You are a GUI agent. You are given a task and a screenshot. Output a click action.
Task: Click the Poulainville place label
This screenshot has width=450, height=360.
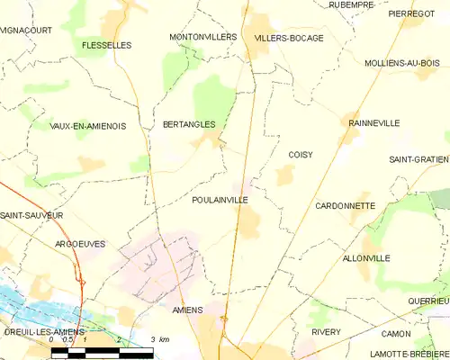pyautogui.click(x=220, y=201)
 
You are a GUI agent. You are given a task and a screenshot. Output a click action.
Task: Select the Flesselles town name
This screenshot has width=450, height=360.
pyautogui.click(x=106, y=44)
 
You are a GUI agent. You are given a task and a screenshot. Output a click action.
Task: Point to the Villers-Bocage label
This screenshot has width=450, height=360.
pyautogui.click(x=288, y=39)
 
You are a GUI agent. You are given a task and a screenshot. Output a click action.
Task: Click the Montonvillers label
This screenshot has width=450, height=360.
pyautogui.click(x=202, y=37)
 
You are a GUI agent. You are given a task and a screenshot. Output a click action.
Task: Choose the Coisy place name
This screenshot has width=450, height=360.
pyautogui.click(x=301, y=155)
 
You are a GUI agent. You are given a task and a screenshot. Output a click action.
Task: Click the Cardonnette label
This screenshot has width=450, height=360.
pyautogui.click(x=346, y=206)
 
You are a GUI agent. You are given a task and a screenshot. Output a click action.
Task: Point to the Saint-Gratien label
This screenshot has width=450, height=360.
pyautogui.click(x=418, y=159)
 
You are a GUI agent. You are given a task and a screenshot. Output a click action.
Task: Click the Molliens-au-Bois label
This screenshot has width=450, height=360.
pyautogui.click(x=402, y=64)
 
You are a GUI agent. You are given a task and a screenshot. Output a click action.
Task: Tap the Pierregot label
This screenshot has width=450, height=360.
pyautogui.click(x=411, y=14)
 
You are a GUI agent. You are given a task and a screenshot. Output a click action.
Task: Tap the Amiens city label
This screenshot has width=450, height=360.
pyautogui.click(x=187, y=310)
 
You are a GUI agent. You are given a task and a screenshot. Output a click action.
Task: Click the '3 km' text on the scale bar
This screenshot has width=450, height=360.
pyautogui.click(x=158, y=339)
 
